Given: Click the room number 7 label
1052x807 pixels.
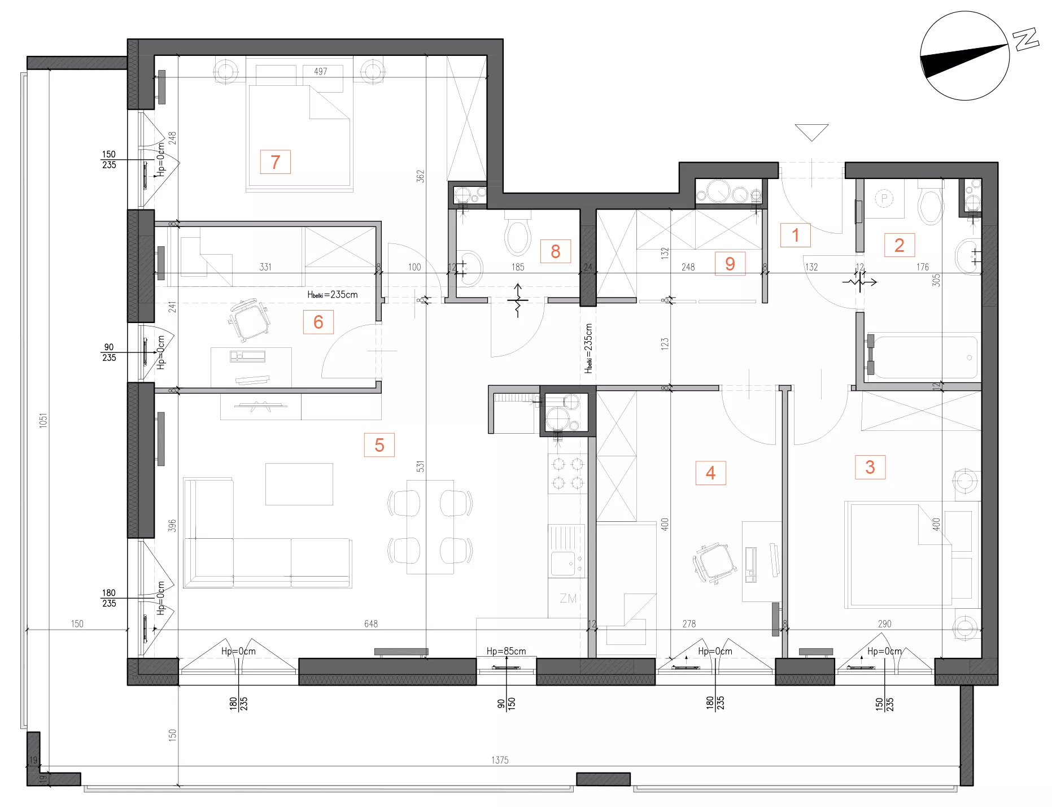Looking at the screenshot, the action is pos(275,162).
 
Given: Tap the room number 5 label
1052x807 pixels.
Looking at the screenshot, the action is pos(379,445).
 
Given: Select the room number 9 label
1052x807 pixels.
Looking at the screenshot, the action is pos(730,264).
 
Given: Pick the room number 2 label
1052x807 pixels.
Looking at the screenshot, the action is pos(899,245).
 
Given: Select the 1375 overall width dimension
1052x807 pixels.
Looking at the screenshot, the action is pos(500,760).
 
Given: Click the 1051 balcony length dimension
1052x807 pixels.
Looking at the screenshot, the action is pos(43,421).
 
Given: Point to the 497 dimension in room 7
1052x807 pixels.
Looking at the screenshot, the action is pos(320,72).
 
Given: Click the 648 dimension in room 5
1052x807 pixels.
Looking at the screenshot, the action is pos(371,623).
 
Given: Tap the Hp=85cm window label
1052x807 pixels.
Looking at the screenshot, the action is pos(506,651).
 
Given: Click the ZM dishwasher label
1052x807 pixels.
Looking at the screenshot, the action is pos(568,599).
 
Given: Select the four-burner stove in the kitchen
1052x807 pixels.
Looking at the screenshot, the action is pos(568,473).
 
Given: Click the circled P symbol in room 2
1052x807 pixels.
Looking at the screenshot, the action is pos(884,198).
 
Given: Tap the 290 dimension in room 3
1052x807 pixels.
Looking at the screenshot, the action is pos(884,623).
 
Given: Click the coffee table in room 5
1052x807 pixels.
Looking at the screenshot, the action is pos(299,484).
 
